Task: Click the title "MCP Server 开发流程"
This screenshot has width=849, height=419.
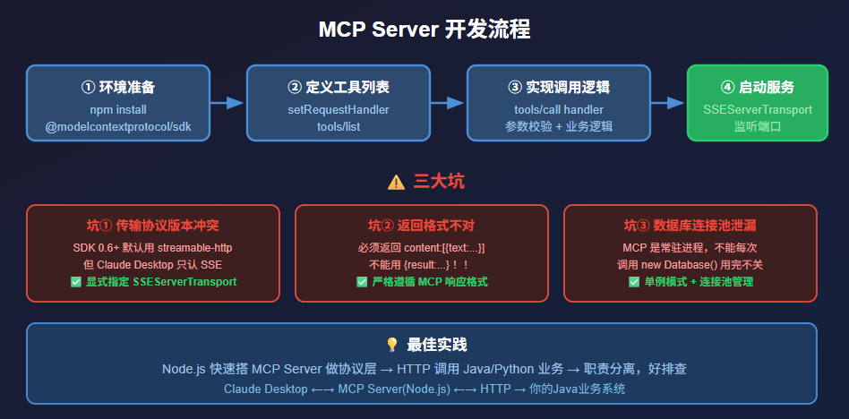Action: (x=424, y=30)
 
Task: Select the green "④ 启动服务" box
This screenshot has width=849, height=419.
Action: (x=757, y=103)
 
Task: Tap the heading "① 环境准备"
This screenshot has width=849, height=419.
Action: (x=118, y=87)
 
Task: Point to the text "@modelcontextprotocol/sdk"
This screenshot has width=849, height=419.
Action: (x=118, y=126)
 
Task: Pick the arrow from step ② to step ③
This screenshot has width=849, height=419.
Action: (x=448, y=103)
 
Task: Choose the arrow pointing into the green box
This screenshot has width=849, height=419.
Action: (x=668, y=103)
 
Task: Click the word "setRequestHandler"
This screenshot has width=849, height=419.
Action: (x=339, y=109)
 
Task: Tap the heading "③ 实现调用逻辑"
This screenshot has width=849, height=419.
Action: (x=559, y=87)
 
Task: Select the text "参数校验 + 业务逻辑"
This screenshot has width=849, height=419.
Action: (x=559, y=126)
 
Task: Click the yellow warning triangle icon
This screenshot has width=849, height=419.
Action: (x=396, y=183)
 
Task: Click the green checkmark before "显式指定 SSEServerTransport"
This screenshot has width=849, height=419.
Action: (x=76, y=282)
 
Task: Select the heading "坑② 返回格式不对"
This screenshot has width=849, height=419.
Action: (x=421, y=226)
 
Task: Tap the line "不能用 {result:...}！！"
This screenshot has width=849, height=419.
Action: (x=421, y=265)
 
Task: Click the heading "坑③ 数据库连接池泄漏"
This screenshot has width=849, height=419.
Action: (x=690, y=226)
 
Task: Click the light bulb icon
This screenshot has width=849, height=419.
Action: (x=391, y=345)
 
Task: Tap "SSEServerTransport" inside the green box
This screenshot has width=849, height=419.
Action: (x=757, y=109)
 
